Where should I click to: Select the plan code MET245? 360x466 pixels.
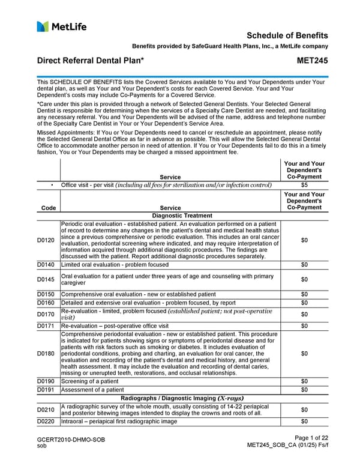point(313,61)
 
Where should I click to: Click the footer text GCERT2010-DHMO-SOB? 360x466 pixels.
point(71,440)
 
